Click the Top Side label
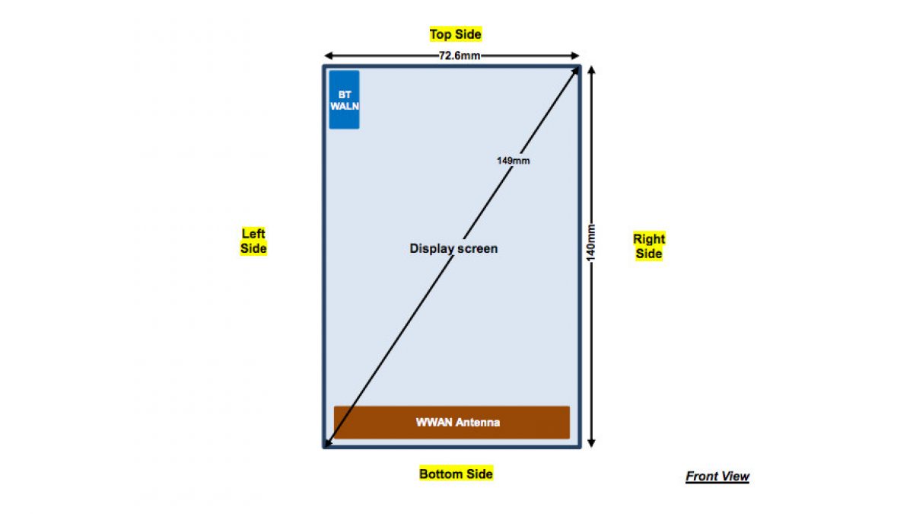(455, 34)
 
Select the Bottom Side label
(456, 474)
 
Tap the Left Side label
(253, 241)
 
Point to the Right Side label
(649, 247)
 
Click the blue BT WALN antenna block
(344, 100)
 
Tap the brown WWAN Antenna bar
(452, 423)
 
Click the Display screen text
(453, 248)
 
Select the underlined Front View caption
(717, 477)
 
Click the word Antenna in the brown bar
(478, 423)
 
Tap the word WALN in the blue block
(344, 107)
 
